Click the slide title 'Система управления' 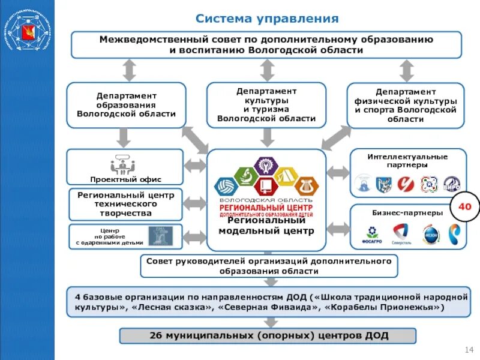pos(267,19)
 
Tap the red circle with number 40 pos(464,207)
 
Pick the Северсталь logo pos(401,233)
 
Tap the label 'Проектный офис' pos(125,179)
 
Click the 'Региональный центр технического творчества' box pos(125,204)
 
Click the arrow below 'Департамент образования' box pos(123,138)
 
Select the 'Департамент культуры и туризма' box pos(266,104)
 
